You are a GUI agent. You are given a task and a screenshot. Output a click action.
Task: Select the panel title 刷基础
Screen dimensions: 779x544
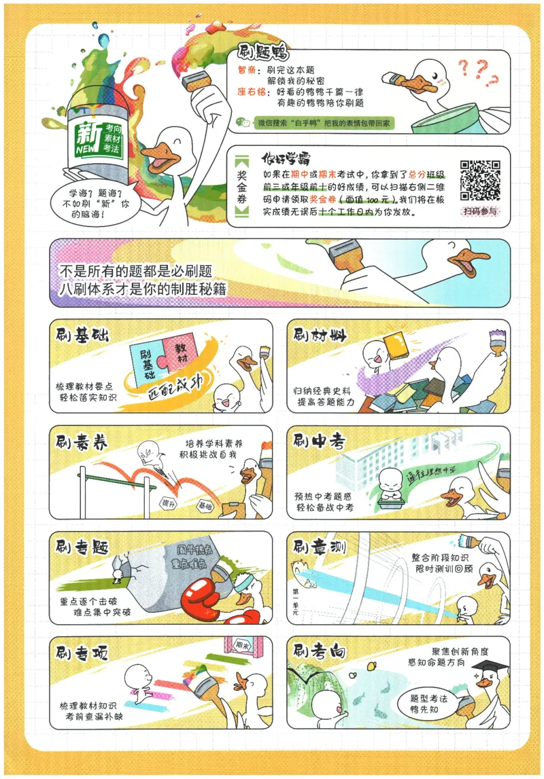[84, 335]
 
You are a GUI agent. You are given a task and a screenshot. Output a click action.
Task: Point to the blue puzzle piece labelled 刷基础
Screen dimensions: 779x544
[145, 364]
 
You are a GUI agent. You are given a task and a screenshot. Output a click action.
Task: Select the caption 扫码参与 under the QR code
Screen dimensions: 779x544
[481, 211]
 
